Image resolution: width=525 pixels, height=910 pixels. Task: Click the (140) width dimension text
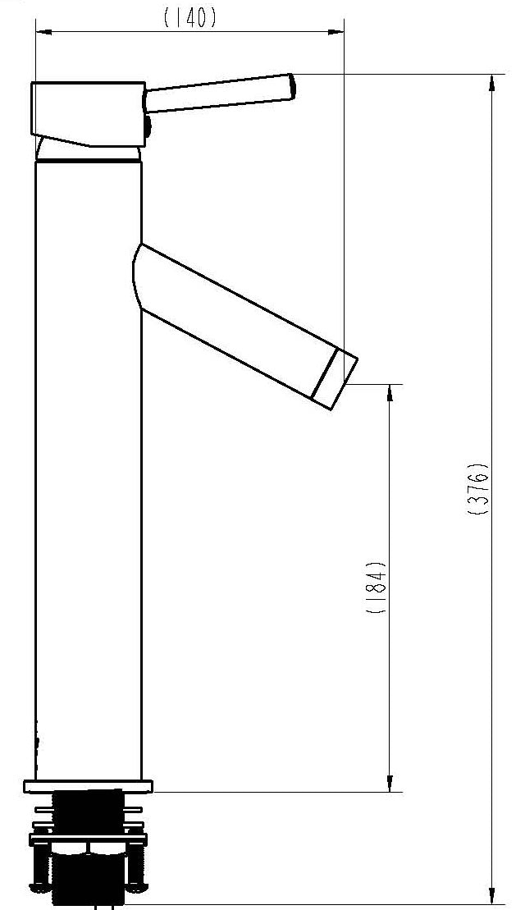click(190, 18)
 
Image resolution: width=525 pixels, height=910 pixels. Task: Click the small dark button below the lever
click(148, 126)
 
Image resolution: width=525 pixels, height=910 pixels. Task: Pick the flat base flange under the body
click(89, 786)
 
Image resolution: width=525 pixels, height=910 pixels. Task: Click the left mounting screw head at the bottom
click(39, 885)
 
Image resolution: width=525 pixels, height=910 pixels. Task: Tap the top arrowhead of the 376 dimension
click(492, 81)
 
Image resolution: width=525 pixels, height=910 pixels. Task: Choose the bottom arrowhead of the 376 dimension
click(492, 895)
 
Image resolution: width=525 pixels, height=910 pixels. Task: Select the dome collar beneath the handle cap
click(89, 153)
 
